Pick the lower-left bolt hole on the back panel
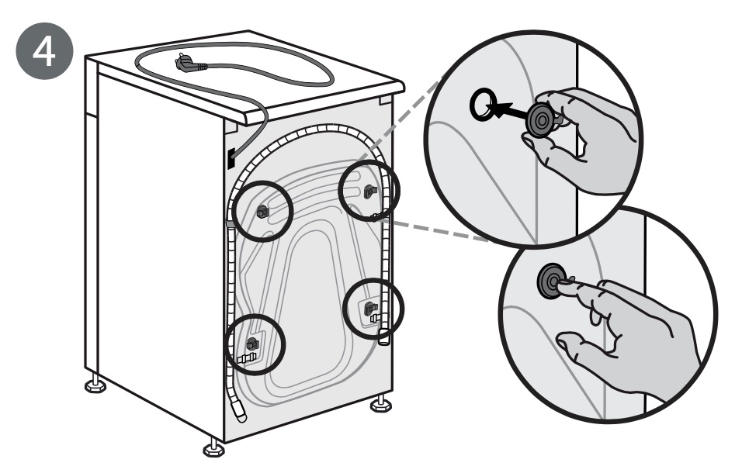[251, 344]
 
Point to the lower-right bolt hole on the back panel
[367, 309]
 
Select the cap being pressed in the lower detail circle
[551, 282]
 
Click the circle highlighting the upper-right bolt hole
[370, 190]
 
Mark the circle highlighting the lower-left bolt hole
[255, 342]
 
